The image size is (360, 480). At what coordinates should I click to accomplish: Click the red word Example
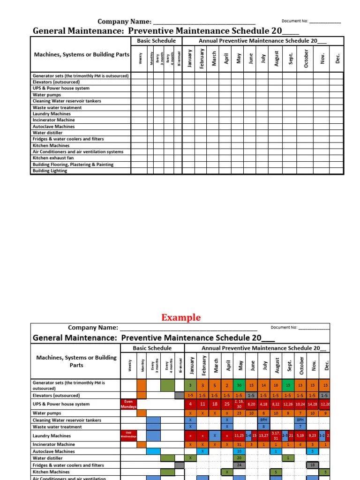(181, 317)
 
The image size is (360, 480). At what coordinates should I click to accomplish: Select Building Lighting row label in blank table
(50, 171)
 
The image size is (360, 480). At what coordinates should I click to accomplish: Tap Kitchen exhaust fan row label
(53, 158)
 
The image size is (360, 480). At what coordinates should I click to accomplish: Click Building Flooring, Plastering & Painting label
(73, 165)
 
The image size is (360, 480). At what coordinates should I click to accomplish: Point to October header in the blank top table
(306, 59)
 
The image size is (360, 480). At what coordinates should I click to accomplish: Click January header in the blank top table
(190, 59)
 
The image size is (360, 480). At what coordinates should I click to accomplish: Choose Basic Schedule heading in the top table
(156, 41)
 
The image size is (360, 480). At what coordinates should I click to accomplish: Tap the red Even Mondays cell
(128, 404)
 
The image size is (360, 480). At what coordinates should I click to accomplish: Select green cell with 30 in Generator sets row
(239, 385)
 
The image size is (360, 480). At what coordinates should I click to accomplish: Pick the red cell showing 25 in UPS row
(227, 404)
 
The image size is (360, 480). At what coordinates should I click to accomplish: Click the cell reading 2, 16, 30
(239, 404)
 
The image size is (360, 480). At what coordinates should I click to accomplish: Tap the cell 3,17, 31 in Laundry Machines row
(276, 436)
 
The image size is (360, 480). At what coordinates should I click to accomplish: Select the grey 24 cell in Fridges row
(239, 465)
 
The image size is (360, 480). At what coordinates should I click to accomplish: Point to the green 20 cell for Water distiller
(239, 458)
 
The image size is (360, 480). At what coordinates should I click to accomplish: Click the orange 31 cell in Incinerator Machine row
(239, 444)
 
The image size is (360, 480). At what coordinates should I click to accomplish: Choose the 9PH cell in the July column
(263, 420)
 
